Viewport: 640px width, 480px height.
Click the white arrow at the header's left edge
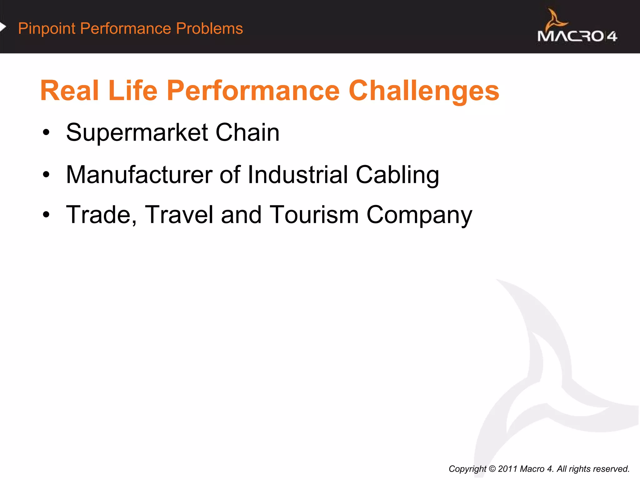click(3, 27)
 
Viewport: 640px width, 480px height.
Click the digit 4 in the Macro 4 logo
click(612, 37)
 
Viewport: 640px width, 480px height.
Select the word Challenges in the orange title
click(424, 91)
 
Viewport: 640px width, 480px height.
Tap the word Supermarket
click(137, 133)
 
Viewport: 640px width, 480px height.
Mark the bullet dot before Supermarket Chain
click(46, 133)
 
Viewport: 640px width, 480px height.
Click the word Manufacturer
click(139, 175)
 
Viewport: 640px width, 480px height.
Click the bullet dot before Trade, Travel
click(46, 215)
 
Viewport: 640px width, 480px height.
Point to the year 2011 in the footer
click(507, 469)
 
